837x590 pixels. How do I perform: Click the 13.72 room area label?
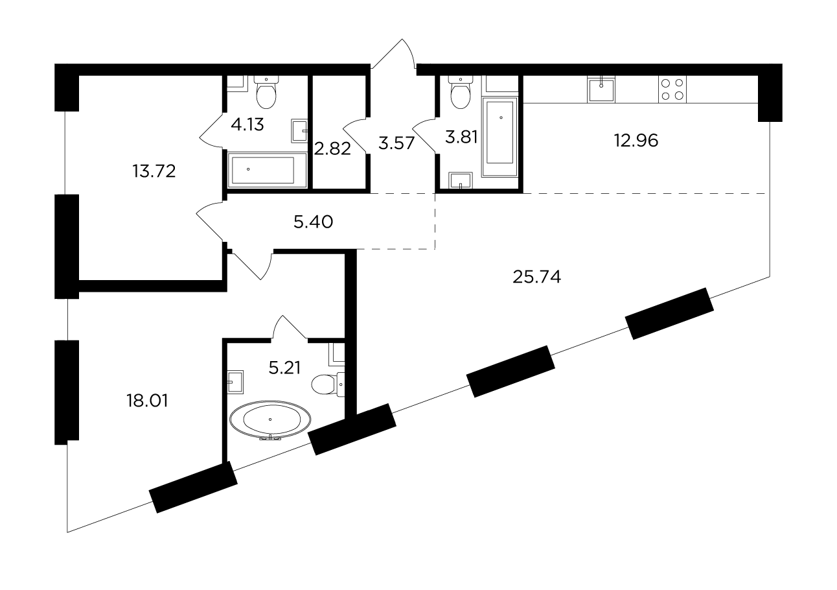click(x=154, y=172)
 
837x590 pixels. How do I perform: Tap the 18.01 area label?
click(x=147, y=401)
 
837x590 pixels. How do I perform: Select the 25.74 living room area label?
click(x=536, y=277)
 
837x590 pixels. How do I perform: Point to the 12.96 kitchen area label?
click(x=636, y=141)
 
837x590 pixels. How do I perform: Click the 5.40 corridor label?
click(x=313, y=222)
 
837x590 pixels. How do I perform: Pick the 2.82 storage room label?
click(x=332, y=149)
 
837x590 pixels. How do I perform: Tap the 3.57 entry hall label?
click(x=396, y=143)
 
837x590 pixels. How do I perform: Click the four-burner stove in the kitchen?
click(x=672, y=89)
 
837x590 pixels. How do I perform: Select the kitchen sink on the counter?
click(x=601, y=89)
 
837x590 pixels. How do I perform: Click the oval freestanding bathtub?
click(x=269, y=419)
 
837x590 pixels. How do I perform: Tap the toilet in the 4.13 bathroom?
click(x=266, y=92)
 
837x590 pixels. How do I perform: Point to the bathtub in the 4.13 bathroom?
click(x=267, y=170)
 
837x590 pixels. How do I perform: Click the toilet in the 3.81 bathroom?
click(x=461, y=92)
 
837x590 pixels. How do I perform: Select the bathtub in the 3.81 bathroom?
click(x=500, y=137)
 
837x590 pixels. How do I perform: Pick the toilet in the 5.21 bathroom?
click(x=328, y=384)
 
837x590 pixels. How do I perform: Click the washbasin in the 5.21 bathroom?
click(x=235, y=382)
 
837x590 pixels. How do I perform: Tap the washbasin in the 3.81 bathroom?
click(x=461, y=181)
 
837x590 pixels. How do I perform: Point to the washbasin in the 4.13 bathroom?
click(x=299, y=131)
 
